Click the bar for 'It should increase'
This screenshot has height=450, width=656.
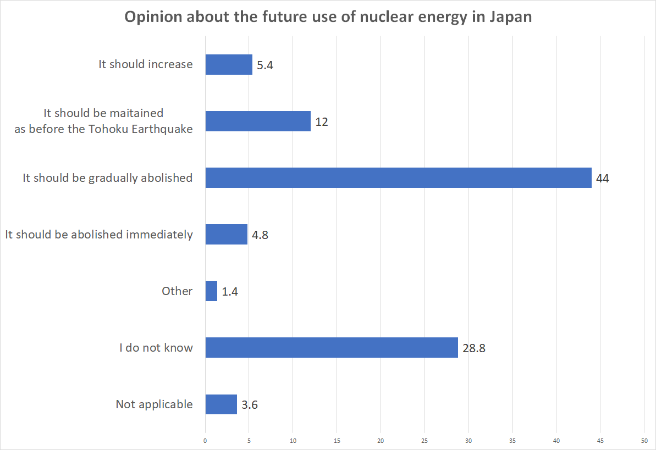pos(229,64)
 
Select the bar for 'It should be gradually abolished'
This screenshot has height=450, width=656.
pos(398,178)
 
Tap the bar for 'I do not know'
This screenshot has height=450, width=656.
pos(332,348)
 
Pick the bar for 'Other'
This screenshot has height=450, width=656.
pos(211,291)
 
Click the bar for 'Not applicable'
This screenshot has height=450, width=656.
pos(221,404)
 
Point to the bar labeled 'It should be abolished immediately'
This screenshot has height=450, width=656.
pos(227,235)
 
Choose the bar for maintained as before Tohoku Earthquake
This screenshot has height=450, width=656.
pos(258,121)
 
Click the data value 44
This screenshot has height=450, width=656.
pos(603,179)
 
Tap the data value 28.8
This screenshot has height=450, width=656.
pos(473,348)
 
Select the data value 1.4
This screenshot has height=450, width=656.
pos(230,292)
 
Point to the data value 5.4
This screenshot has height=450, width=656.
pos(265,65)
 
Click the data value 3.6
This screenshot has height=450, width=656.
pos(250,405)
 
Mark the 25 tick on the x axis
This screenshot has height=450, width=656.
pos(425,441)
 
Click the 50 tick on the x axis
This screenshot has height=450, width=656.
pos(644,441)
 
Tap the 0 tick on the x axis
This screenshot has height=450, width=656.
pos(205,441)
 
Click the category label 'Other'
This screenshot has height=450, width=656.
pos(177,291)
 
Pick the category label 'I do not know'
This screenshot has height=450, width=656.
pos(156,348)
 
